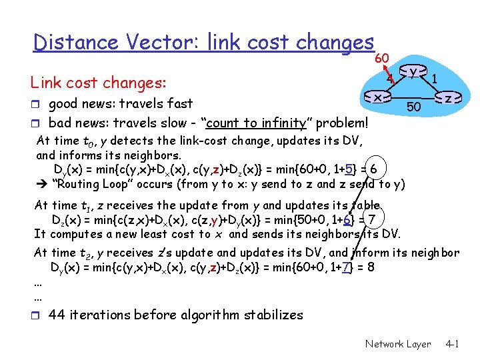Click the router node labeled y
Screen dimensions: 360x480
tap(414, 71)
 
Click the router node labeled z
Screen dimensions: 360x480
tap(449, 98)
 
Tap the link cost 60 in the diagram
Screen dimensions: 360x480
tap(382, 58)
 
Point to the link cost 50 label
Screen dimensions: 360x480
tap(413, 107)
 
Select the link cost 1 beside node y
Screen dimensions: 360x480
tap(434, 79)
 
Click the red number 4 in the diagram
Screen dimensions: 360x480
tap(392, 79)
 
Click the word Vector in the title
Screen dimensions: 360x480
tap(163, 43)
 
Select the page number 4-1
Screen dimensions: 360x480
tap(453, 344)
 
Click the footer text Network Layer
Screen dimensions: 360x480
tap(398, 344)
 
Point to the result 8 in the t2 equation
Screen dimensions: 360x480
tap(370, 267)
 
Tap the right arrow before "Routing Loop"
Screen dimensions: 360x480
tap(41, 184)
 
